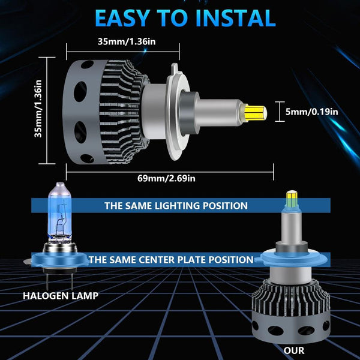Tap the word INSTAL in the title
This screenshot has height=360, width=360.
tap(236, 18)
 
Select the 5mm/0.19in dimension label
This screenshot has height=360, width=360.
tap(312, 112)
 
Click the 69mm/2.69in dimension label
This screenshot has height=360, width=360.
tap(166, 178)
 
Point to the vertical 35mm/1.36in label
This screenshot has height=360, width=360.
tap(38, 109)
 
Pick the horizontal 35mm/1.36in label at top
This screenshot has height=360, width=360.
tap(127, 41)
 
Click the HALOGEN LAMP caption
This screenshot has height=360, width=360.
tap(61, 296)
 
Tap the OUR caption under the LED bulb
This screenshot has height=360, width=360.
tap(294, 350)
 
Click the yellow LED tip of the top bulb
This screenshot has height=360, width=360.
tap(256, 113)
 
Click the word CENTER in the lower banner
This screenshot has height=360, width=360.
tap(157, 260)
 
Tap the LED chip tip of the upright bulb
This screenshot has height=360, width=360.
tap(292, 198)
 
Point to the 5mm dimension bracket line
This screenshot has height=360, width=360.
tap(280, 112)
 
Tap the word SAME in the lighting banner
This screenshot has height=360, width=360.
tap(139, 205)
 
